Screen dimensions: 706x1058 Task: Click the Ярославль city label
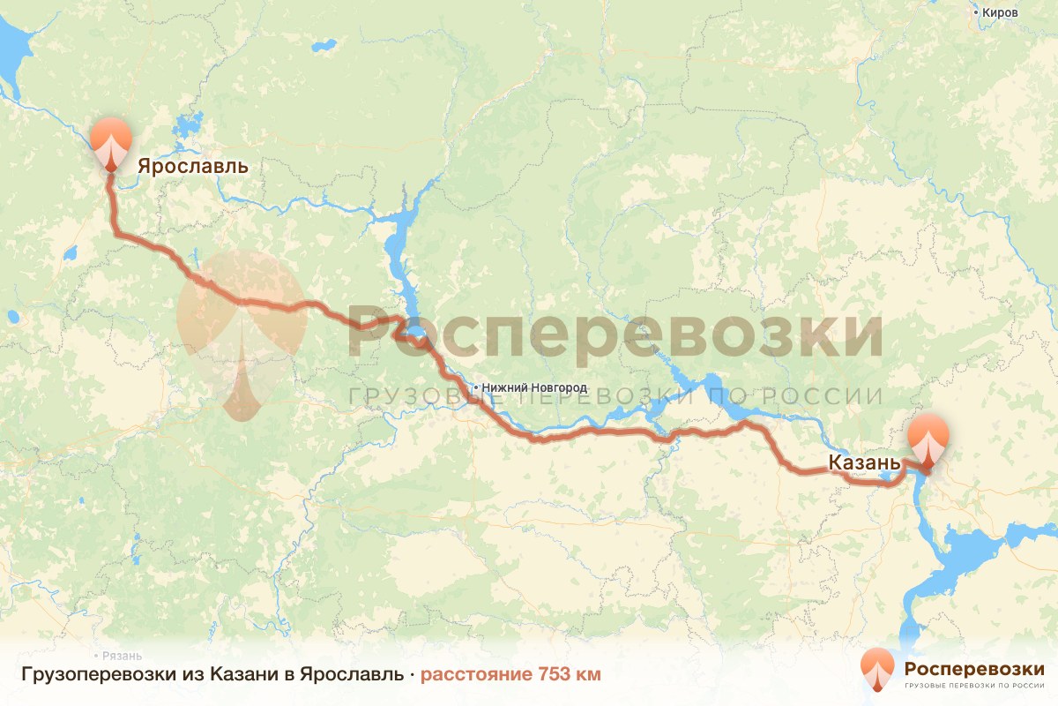pos(192,166)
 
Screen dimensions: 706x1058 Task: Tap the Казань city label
pos(863,462)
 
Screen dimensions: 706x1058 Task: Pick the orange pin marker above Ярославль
pos(110,141)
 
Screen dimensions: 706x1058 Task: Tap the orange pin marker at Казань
pos(928,438)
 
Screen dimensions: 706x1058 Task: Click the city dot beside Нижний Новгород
pos(476,387)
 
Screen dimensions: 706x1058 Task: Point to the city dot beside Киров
pos(976,12)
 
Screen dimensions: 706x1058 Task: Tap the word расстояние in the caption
pos(474,675)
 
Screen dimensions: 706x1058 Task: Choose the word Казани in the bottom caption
pos(243,675)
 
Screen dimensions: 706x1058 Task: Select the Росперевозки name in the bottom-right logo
pos(974,667)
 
